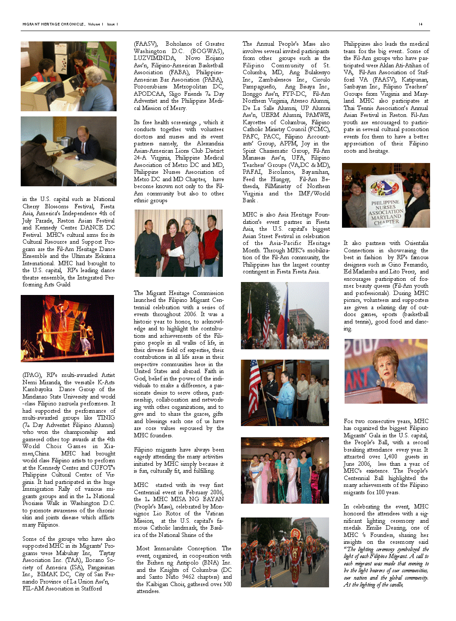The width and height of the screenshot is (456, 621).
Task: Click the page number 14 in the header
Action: [x=421, y=24]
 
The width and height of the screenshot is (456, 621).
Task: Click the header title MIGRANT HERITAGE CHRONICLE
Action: [x=53, y=24]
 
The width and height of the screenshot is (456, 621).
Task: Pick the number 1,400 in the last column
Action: [x=390, y=457]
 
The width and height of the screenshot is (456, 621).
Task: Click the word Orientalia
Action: [x=416, y=243]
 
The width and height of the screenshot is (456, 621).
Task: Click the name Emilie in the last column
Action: [x=374, y=528]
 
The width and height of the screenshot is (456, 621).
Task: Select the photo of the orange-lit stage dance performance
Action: [x=67, y=328]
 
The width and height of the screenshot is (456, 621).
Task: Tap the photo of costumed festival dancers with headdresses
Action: [x=285, y=552]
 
